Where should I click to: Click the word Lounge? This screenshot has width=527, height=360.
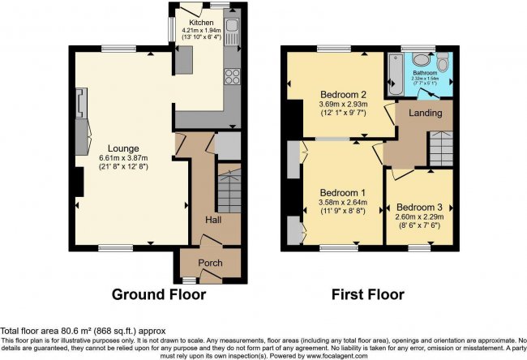114,148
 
